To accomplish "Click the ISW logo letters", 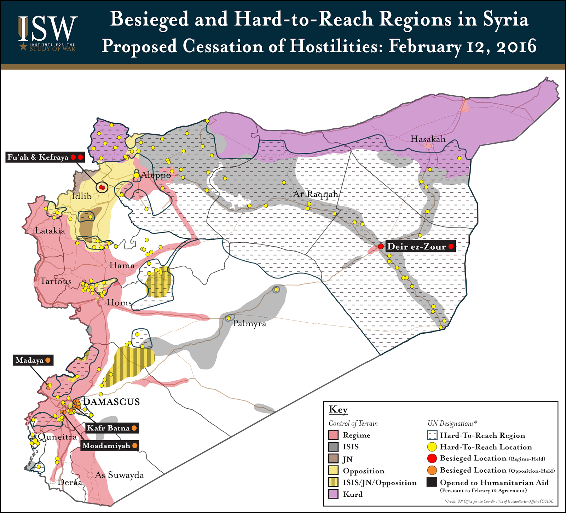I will point(48,28).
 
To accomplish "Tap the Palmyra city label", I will point(249,324).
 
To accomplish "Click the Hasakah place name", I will point(428,139).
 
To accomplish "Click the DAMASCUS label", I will point(111,402).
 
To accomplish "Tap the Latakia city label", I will point(50,231).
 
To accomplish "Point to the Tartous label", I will point(56,281).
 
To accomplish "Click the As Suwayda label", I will point(119,475).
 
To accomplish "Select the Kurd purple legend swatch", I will point(333,494).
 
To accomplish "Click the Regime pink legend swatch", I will point(333,435).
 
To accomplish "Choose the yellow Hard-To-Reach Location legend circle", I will point(432,447).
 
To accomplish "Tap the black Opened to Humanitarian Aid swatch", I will point(432,482).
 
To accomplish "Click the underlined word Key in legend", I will point(338,410).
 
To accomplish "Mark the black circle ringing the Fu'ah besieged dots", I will point(102,187).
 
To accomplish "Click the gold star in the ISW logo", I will point(23,46).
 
